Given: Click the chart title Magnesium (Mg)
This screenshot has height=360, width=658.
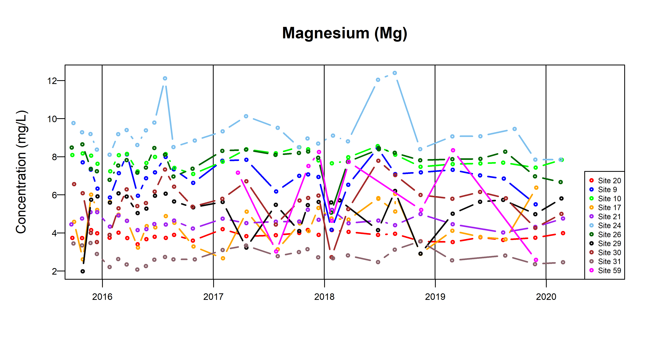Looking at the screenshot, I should click(x=345, y=33).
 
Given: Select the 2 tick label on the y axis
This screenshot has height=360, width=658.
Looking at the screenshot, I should click(x=54, y=271).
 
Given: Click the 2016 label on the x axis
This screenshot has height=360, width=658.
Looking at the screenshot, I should click(x=102, y=297).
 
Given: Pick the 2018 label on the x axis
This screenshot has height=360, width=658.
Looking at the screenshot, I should click(x=324, y=297).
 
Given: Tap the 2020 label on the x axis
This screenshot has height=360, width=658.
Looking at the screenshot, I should click(x=546, y=297).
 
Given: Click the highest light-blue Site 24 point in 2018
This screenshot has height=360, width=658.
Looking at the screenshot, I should click(x=395, y=73).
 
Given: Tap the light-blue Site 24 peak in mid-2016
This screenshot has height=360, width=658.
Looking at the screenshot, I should click(x=165, y=78).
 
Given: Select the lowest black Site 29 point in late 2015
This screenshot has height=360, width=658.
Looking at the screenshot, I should click(x=82, y=271).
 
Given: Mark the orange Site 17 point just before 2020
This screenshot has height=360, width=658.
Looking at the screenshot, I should click(x=536, y=188).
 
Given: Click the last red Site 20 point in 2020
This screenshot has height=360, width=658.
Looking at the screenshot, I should click(x=563, y=233).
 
